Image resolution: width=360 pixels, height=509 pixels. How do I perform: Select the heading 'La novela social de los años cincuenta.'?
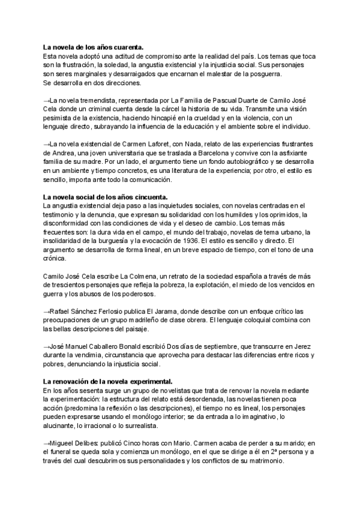(105, 197)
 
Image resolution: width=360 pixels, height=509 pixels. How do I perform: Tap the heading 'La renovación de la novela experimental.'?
(108, 381)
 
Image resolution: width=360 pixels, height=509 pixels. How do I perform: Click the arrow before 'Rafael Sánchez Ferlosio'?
(47, 312)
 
